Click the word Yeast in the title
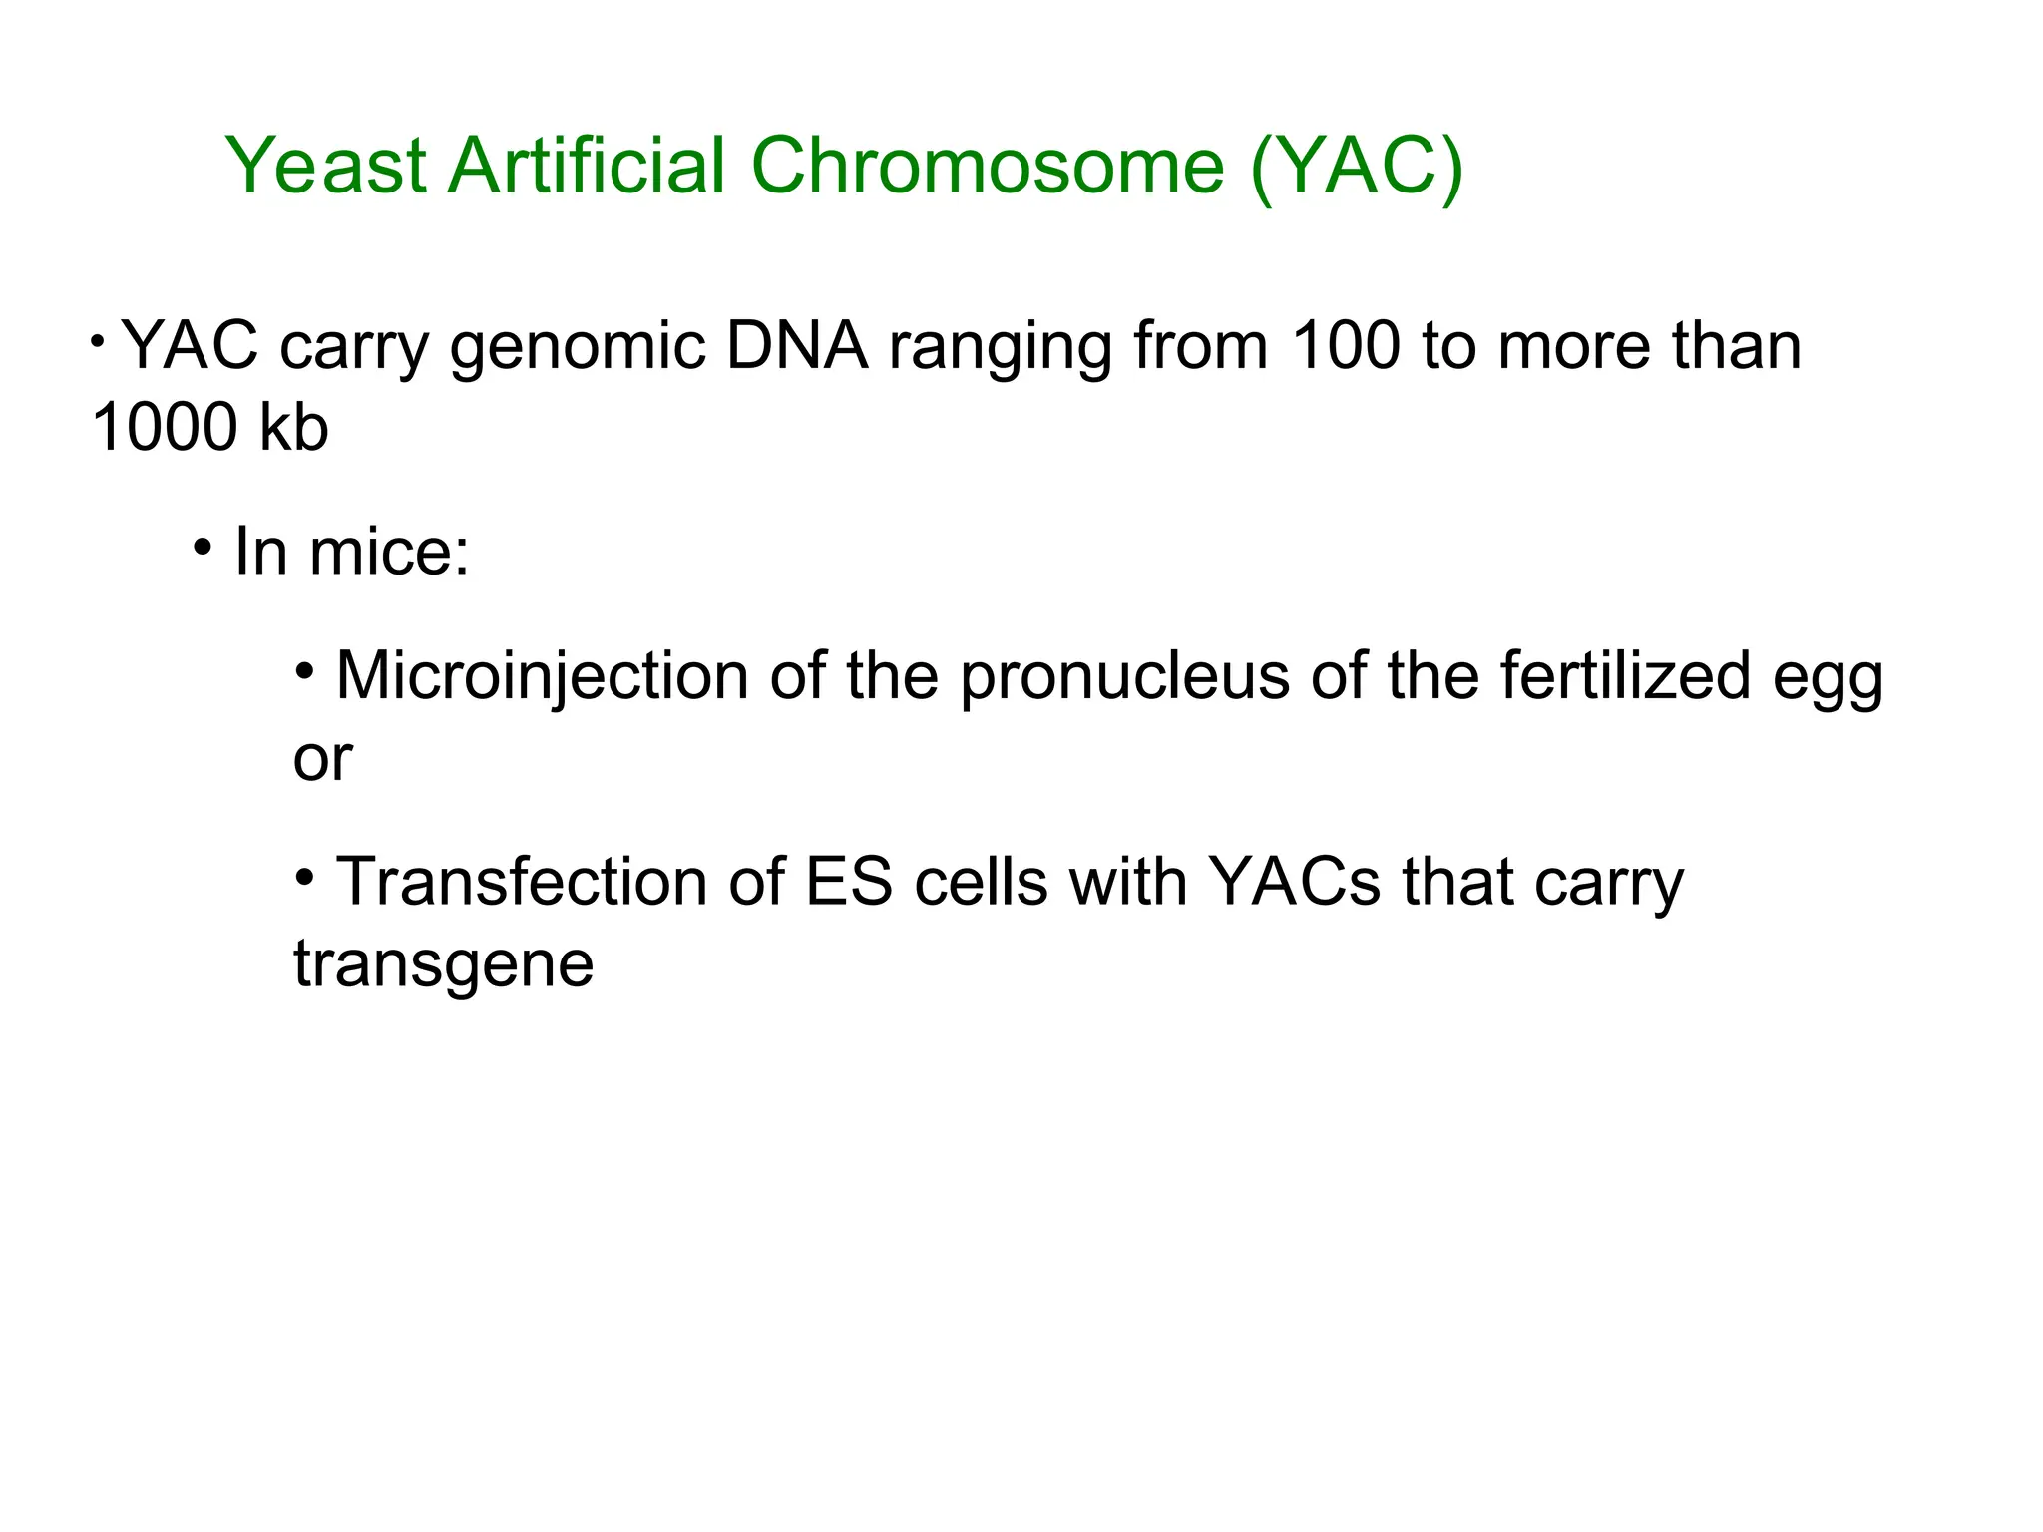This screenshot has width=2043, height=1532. coord(327,165)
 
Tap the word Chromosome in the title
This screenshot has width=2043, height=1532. coord(987,165)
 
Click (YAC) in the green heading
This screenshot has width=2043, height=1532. coord(1357,165)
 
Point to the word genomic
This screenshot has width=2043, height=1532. coord(578,348)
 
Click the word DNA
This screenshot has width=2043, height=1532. coord(797,346)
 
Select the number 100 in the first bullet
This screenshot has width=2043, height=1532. coord(1345,346)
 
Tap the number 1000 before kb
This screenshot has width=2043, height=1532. coord(164,428)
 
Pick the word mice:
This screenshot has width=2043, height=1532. coord(389,552)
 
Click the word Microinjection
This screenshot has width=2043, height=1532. coord(542,676)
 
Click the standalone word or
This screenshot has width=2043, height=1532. coord(322,760)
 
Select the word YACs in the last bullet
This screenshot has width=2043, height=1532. coord(1294,883)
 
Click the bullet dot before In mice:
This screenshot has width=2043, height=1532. coord(204,548)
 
